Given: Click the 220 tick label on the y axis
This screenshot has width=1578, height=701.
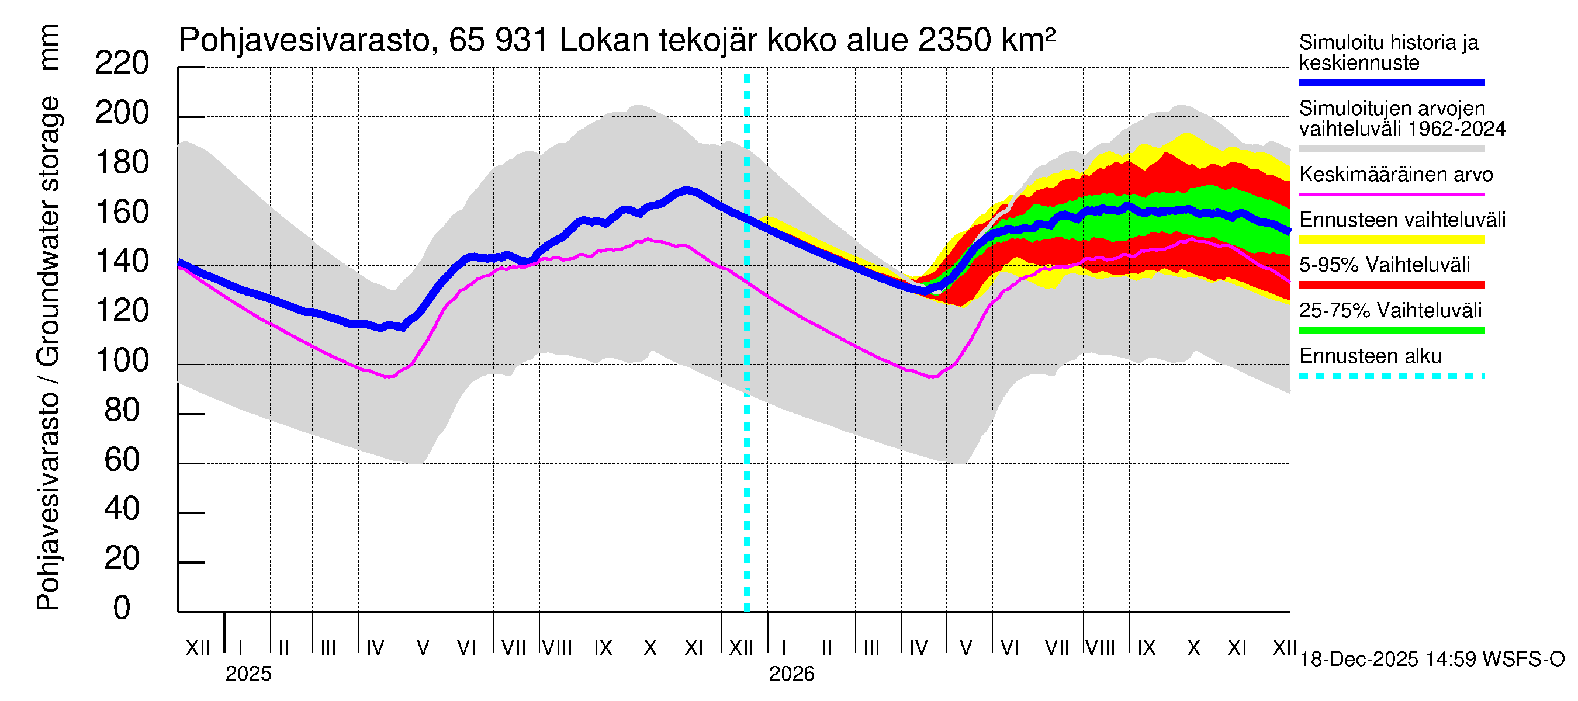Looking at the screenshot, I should coord(122,64).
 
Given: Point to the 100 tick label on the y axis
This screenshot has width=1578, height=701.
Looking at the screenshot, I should coord(122,360).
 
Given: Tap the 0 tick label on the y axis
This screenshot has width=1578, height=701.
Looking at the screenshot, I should coord(122,608).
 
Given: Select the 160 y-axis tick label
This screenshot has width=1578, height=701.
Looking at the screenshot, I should coord(122,213).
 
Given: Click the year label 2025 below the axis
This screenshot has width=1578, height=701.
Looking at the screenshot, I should coord(248,674).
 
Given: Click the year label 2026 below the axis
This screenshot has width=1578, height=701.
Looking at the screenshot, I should coord(791,674).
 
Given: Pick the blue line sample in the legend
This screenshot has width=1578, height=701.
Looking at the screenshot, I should coord(1391,82).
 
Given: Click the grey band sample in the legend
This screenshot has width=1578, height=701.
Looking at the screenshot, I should coord(1391,149).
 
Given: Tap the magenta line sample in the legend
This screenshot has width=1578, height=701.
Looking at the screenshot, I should coord(1391,194).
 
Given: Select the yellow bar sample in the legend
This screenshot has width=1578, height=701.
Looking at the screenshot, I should coord(1391,240).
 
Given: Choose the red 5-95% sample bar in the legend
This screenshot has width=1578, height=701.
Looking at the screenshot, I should coord(1391,284).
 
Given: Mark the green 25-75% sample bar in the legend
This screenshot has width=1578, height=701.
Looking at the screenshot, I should coord(1391,331).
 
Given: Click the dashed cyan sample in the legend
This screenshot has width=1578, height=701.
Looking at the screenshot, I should coord(1391,375).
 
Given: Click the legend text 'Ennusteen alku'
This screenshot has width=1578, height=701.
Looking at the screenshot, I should coord(1370,356).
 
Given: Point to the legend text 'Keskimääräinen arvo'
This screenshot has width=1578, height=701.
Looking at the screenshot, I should coord(1396,175).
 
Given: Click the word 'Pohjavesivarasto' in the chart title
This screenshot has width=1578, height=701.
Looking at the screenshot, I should coord(304,40).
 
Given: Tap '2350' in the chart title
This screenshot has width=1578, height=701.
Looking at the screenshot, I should coord(955,40).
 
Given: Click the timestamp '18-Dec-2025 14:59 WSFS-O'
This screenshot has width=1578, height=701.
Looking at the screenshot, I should coord(1431,660).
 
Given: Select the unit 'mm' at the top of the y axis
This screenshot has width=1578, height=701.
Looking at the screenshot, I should coord(49,48).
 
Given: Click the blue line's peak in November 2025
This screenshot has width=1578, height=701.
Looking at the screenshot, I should coord(688,190).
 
